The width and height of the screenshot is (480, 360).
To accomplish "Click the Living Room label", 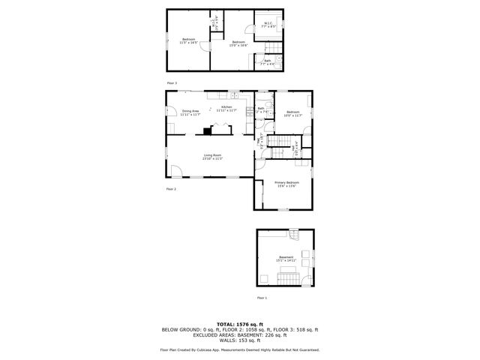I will coord(212,157).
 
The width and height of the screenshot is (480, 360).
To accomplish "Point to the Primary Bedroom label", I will coord(286,184).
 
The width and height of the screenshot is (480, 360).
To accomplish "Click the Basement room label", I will coord(286,259).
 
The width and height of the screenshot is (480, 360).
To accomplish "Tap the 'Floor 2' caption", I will coord(171,189).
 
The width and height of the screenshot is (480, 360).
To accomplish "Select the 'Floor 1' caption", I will coord(262,298).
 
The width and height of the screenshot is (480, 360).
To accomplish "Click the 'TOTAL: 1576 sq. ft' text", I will coord(239,324).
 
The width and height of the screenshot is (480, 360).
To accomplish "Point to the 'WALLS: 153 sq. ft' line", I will coord(239,340).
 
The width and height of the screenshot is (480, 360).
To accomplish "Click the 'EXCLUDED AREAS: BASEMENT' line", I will coord(239,334).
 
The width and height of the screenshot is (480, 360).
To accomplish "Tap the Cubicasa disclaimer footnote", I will coord(239,349).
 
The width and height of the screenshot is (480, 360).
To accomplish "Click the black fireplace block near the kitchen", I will coord(207,130).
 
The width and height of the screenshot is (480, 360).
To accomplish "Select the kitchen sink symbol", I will coord(234,96).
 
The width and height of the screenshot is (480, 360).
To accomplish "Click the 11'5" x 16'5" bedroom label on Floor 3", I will coord(187,40).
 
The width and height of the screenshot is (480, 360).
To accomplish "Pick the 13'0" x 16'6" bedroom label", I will coord(238,43).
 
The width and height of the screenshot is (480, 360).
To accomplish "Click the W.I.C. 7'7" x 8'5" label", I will coord(268,25).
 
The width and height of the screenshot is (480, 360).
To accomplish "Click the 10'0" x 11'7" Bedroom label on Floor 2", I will coord(292,114).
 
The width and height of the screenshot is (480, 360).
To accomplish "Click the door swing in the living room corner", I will coord(175,170).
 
